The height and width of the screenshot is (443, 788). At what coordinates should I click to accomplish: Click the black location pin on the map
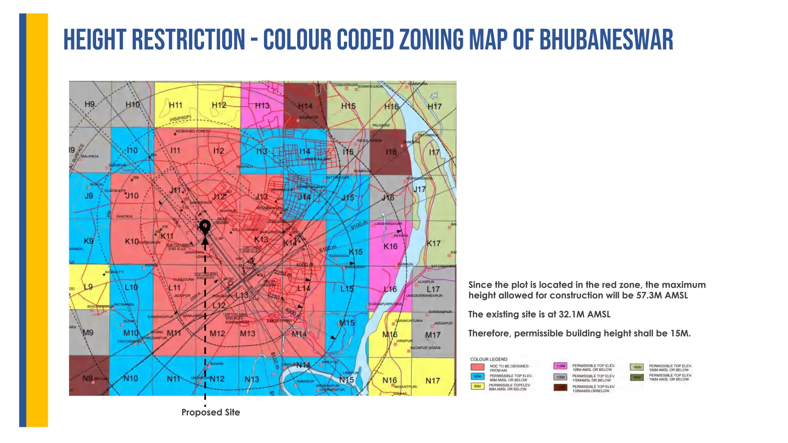point(205,226)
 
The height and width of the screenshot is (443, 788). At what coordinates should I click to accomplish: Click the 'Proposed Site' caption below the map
point(210,412)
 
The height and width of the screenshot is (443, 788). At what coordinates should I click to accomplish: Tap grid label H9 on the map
point(90,104)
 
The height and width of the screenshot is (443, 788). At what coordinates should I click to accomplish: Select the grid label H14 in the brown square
point(305,106)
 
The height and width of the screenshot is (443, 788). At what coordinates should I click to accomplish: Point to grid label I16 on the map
point(391,152)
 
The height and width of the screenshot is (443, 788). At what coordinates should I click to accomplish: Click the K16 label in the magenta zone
point(391,246)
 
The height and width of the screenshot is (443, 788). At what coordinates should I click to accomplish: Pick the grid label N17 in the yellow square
point(432,381)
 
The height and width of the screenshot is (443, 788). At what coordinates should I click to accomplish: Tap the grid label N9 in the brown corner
point(88,378)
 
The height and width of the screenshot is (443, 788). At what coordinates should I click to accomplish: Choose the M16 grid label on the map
point(390,335)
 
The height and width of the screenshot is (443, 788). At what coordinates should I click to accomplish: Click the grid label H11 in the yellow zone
point(175,105)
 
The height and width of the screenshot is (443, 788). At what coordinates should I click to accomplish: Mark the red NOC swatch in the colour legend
point(477,367)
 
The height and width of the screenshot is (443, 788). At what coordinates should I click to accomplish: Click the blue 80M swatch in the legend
point(477,377)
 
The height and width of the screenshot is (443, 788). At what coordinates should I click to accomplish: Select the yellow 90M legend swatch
point(477,386)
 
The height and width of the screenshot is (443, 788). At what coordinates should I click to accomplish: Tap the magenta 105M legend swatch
point(560,366)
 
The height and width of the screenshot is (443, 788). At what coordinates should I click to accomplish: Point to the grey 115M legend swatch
point(560,377)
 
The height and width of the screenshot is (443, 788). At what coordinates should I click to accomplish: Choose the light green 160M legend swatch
point(637,367)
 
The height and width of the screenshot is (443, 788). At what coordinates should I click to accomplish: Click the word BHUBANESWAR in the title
point(606,40)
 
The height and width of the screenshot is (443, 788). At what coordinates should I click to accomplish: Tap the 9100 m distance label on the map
point(359,225)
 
